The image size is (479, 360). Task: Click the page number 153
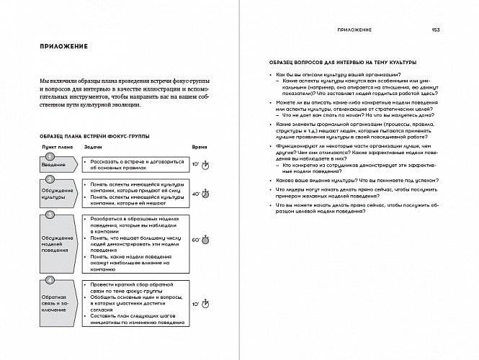[436, 30]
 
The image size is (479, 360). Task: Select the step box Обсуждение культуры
[58, 195]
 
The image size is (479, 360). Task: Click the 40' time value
[196, 194]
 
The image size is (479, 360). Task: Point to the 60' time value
[196, 239]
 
